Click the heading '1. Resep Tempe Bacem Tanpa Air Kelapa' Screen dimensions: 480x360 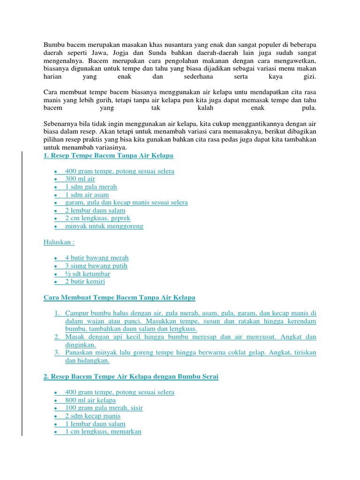(x=108, y=155)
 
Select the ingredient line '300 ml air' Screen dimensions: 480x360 (x=80, y=179)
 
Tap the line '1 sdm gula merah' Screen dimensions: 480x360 (x=91, y=187)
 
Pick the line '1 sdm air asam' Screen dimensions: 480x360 (x=87, y=195)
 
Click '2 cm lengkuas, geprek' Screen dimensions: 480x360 (x=97, y=218)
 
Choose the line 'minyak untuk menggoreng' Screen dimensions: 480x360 (x=104, y=226)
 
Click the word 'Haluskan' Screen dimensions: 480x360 (x=58, y=242)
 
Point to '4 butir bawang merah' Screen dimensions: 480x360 (x=97, y=258)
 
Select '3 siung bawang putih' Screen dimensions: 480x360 (x=96, y=266)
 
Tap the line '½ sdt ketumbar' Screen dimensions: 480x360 (x=88, y=274)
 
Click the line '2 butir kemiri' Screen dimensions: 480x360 (x=85, y=282)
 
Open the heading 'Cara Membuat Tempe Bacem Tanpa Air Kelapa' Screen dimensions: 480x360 (x=119, y=298)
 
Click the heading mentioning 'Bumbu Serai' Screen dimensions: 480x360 (x=131, y=376)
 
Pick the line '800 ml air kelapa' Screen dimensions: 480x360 (x=90, y=400)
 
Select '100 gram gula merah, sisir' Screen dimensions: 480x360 (x=104, y=408)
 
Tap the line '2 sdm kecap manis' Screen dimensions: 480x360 (x=93, y=416)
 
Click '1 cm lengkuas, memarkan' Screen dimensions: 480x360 (x=103, y=432)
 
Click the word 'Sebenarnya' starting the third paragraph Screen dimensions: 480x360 (x=60, y=123)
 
